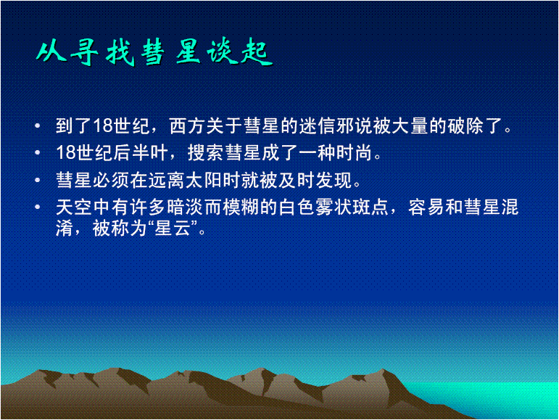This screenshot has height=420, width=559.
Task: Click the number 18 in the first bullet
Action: (101, 127)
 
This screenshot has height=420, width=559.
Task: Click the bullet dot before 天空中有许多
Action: (38, 205)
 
